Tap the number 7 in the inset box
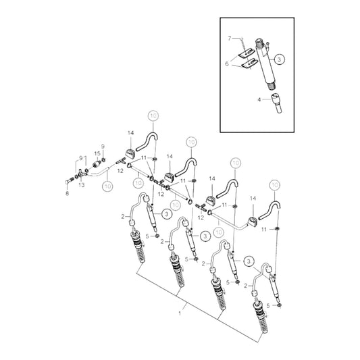pos(230,38)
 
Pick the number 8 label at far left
pos(68,192)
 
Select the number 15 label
pos(96,154)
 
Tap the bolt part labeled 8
pos(71,181)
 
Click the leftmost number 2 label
pos(122,216)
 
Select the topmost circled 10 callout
pos(154,116)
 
